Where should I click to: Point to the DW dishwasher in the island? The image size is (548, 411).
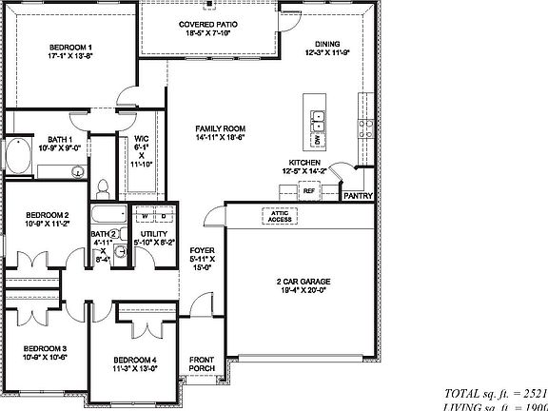317,141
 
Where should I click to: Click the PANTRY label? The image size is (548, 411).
358,197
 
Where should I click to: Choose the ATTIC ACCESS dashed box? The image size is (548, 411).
280,216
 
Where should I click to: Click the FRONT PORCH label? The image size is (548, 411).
201,364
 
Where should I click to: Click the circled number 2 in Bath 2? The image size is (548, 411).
113,233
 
